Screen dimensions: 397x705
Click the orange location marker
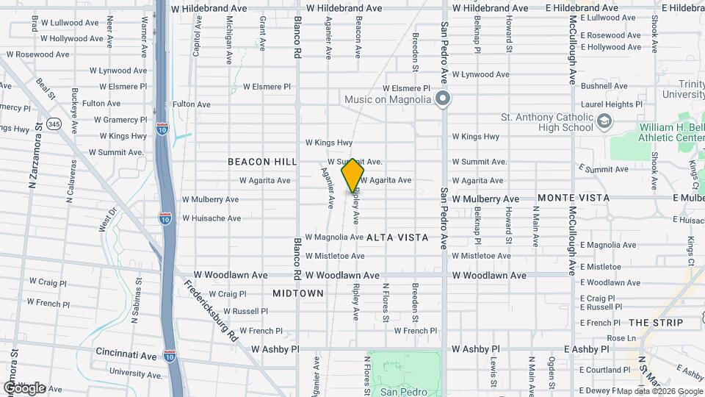pyautogui.click(x=352, y=176)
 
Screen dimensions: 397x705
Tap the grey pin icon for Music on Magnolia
pyautogui.click(x=442, y=99)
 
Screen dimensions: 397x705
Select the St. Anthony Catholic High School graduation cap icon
pyautogui.click(x=604, y=121)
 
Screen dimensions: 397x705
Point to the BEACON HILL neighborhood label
pyautogui.click(x=262, y=161)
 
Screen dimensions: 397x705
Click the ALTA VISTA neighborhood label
pyautogui.click(x=397, y=237)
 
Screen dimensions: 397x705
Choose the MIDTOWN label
pyautogui.click(x=298, y=293)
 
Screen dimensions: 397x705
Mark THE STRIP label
pyautogui.click(x=656, y=323)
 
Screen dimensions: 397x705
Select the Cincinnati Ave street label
pyautogui.click(x=126, y=354)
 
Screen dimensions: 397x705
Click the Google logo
pyautogui.click(x=24, y=387)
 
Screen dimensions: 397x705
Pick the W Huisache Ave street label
pyautogui.click(x=211, y=218)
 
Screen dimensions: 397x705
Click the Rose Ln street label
pyautogui.click(x=621, y=338)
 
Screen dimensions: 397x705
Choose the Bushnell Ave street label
pyautogui.click(x=604, y=86)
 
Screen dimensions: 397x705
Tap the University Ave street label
pyautogui.click(x=137, y=373)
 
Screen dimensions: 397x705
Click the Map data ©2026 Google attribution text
pyautogui.click(x=659, y=391)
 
